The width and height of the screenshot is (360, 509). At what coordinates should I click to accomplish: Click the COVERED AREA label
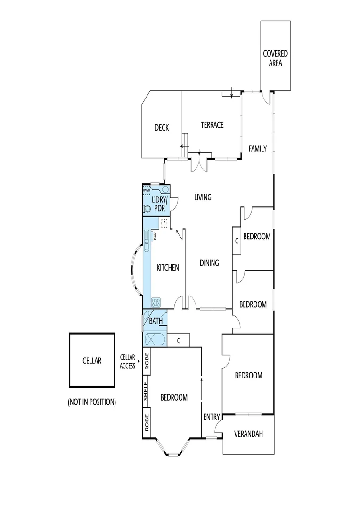point(275,58)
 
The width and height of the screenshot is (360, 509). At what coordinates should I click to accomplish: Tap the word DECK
point(162,127)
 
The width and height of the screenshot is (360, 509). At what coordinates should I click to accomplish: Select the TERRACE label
point(212,125)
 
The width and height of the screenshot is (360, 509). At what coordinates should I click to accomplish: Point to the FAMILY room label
point(258,148)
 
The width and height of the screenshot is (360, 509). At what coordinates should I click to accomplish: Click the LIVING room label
point(203,197)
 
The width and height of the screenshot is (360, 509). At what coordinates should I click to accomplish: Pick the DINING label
point(209,263)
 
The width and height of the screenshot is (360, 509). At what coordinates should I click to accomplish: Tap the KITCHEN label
point(168,268)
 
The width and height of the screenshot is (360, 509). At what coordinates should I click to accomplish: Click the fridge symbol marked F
point(164,223)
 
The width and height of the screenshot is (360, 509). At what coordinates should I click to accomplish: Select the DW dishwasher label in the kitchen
point(155,236)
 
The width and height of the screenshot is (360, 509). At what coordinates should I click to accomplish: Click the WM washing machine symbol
point(147,189)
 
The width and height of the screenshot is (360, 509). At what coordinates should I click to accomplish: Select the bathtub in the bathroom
point(154,339)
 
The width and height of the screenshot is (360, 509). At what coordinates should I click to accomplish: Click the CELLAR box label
point(92,361)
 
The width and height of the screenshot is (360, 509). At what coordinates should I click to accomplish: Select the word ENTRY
point(212,417)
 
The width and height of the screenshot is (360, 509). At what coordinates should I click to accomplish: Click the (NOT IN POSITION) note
point(92,402)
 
